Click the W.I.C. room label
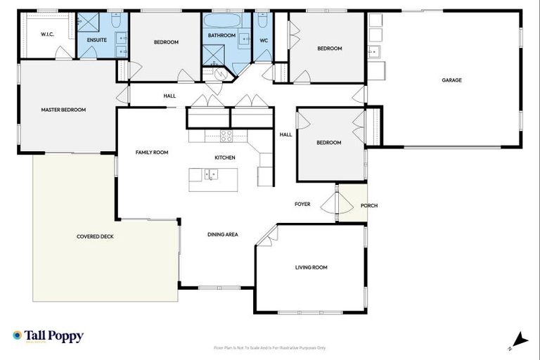coord(48,34)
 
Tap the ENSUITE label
coord(96,39)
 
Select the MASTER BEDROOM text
coord(63,110)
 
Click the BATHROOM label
coord(220,34)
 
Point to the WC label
coord(264,40)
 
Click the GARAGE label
coord(451,80)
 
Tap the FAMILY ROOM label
coord(152,152)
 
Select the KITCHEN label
coord(225,157)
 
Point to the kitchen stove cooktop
coord(226,135)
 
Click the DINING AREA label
coord(222,234)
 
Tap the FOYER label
coord(302,205)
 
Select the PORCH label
coord(369,206)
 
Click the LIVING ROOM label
coord(311,267)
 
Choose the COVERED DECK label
coord(95,236)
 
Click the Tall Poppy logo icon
coord(18,336)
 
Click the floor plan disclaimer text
coord(269,347)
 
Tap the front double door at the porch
coord(331,204)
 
